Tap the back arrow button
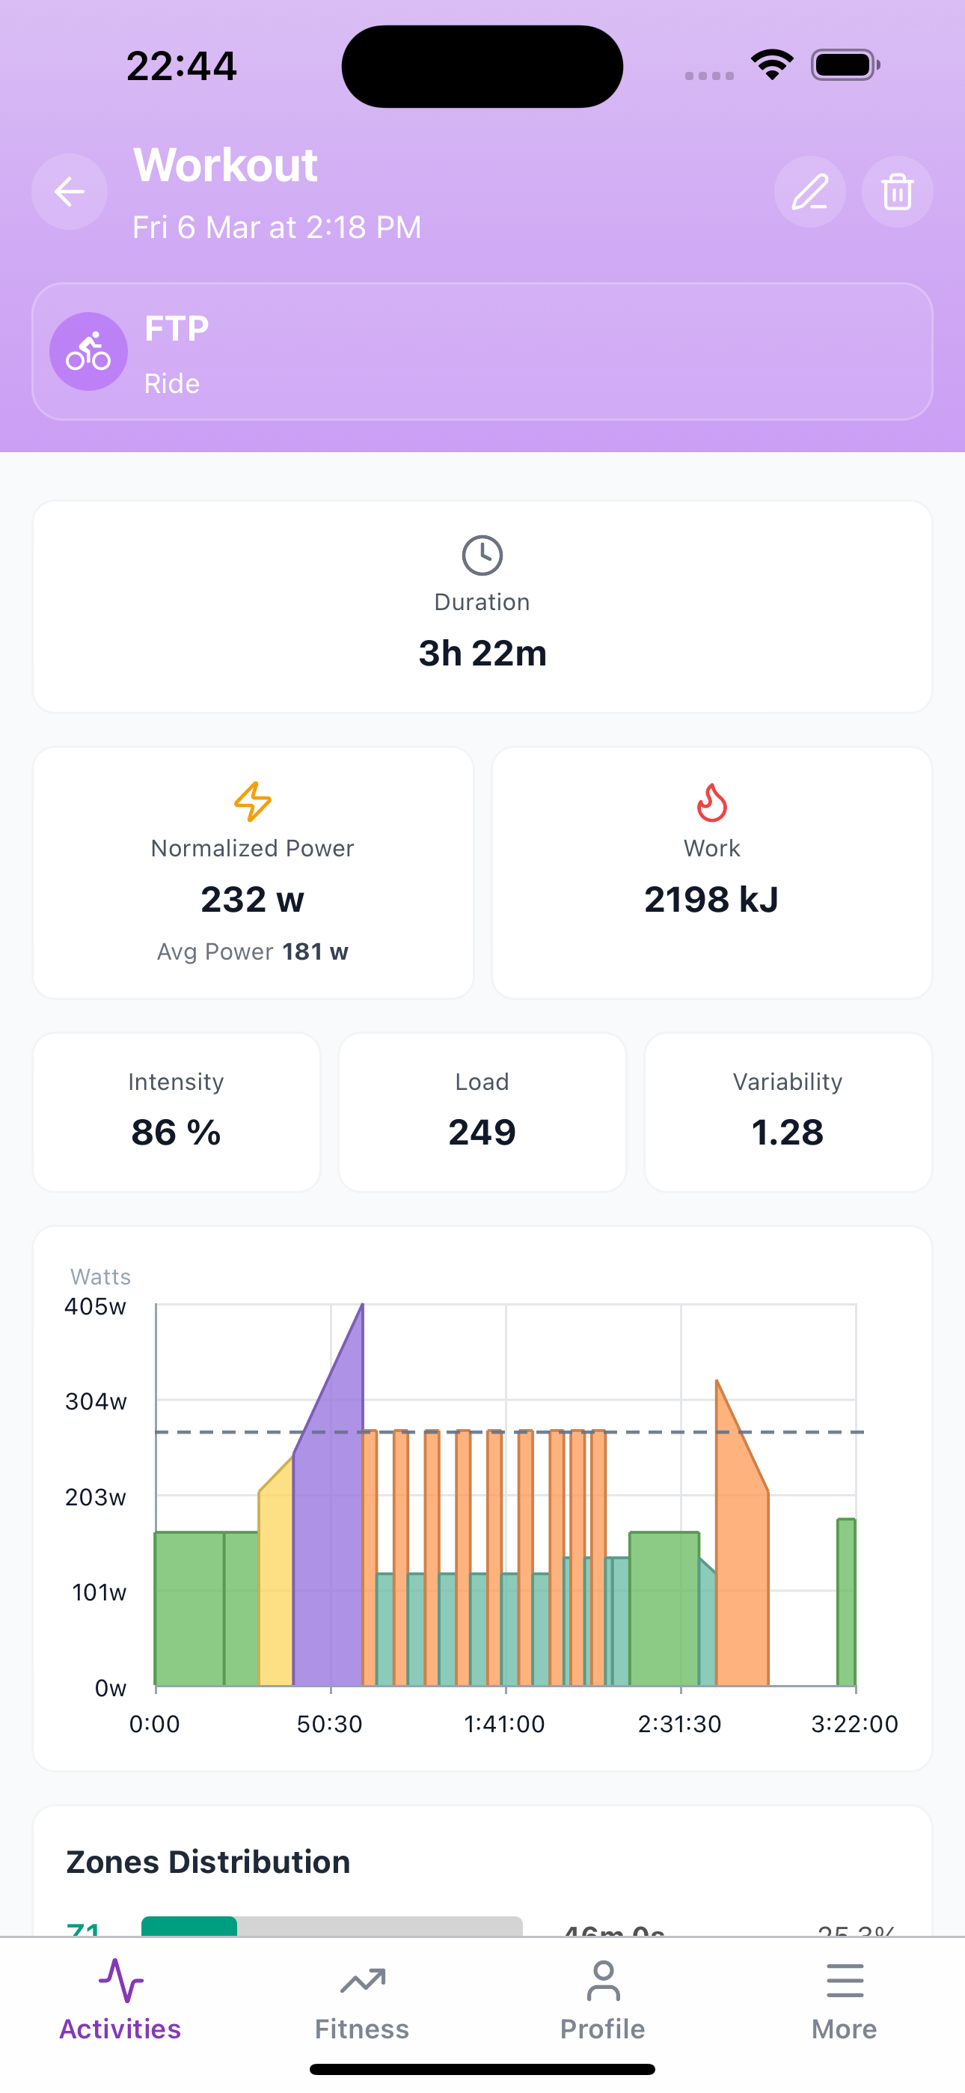[x=70, y=192]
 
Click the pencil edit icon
[x=810, y=192]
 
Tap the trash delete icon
[x=897, y=192]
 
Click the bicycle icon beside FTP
[x=88, y=352]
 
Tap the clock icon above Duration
[x=482, y=555]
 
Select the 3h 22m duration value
[x=482, y=654]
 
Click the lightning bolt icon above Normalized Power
[x=253, y=802]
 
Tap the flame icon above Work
[x=711, y=802]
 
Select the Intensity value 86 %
[x=177, y=1133]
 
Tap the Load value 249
[x=482, y=1133]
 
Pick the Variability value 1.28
[x=787, y=1133]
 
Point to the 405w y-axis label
[x=96, y=1306]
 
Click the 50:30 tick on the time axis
[x=330, y=1724]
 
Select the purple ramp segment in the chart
[x=329, y=1544]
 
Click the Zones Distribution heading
[x=208, y=1862]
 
